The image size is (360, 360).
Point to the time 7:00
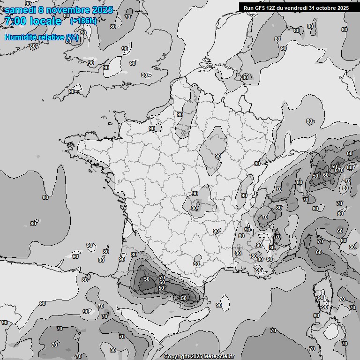(x=15, y=21)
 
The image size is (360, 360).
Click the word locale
(x=45, y=21)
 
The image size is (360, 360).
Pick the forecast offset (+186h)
(x=83, y=21)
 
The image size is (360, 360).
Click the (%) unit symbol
(x=72, y=37)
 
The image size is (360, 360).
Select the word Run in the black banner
(x=248, y=8)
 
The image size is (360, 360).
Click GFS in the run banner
(x=260, y=8)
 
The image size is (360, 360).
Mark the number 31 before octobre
(x=312, y=8)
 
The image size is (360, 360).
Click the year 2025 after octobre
(x=343, y=8)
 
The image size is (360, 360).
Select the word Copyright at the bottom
(x=176, y=357)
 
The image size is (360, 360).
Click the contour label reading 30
(x=272, y=247)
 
